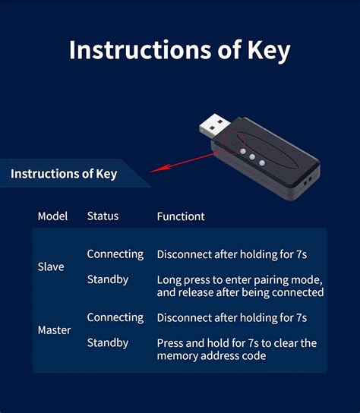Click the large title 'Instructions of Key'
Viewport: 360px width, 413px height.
179,50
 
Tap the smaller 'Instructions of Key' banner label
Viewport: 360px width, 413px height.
64,174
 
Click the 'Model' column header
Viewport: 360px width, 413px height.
52,216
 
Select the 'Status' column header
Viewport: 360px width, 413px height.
103,216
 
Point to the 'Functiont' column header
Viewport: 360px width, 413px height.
181,216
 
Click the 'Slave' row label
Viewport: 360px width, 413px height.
51,267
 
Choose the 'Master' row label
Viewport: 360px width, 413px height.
54,330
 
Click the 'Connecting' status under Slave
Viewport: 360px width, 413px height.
115,254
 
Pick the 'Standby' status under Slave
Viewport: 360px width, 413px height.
107,279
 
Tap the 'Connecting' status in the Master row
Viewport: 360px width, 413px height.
115,317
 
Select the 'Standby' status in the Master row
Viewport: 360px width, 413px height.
107,342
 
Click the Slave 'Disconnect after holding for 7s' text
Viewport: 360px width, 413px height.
231,254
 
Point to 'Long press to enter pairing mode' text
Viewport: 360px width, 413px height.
240,279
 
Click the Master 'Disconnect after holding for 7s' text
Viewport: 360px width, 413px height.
231,317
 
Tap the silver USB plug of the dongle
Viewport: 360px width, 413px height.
214,124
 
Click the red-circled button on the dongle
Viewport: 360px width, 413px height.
234,142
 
